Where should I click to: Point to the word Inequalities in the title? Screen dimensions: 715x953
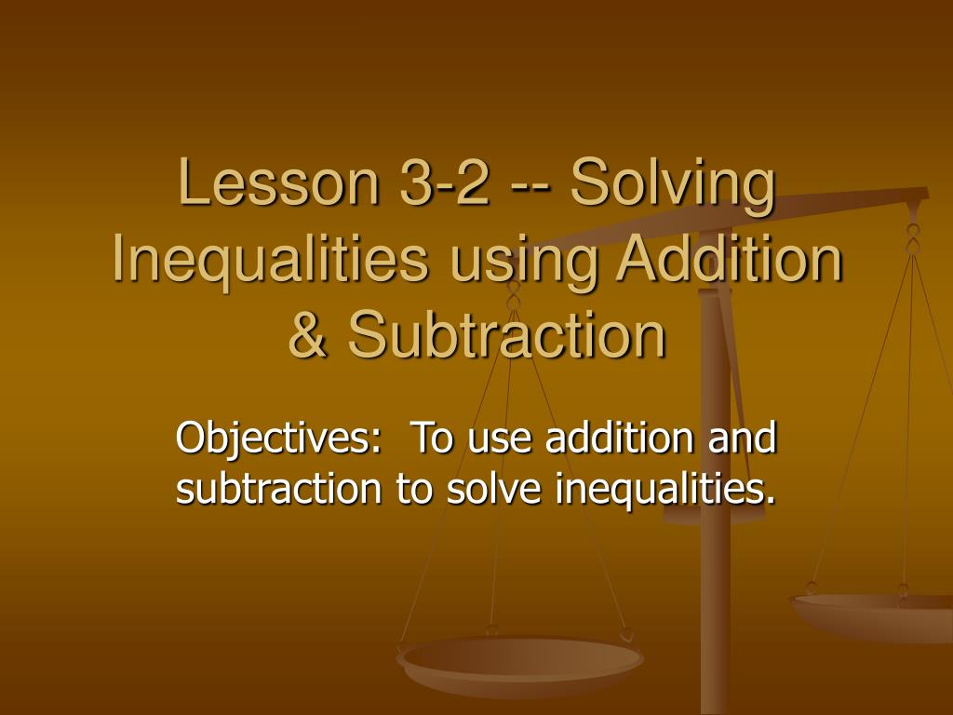[x=271, y=261]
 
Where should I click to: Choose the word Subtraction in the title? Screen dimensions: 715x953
[x=507, y=337]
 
